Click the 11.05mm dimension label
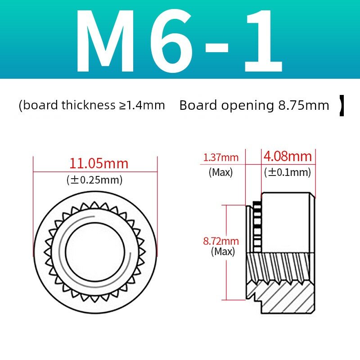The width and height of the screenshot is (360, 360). click(99, 163)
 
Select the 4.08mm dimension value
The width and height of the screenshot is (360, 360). click(288, 156)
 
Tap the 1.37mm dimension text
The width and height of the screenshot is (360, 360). click(221, 157)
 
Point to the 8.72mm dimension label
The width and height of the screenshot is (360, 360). click(221, 241)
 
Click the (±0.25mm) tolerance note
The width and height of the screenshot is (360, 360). click(94, 180)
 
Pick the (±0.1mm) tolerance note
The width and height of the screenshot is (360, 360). click(288, 172)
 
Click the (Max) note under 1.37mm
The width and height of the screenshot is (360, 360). click(221, 172)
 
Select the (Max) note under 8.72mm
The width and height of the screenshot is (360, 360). click(223, 252)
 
